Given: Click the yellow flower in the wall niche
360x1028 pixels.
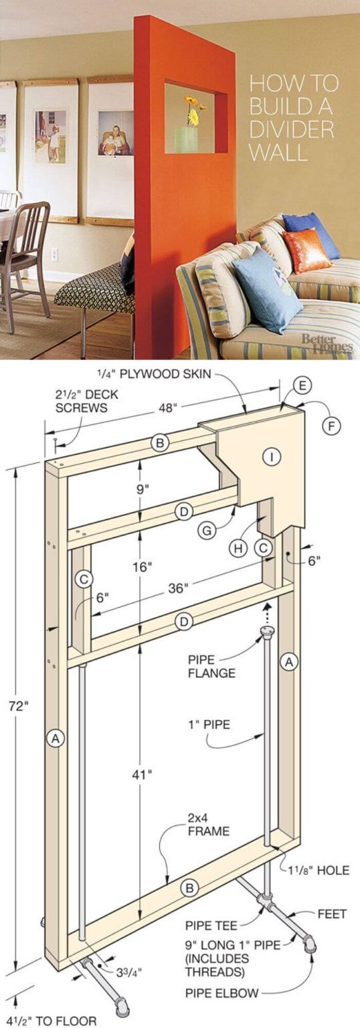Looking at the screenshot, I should pyautogui.click(x=192, y=111).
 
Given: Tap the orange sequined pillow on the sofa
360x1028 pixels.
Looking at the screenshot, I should pyautogui.click(x=306, y=250).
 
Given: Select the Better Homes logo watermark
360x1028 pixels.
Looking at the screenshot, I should pyautogui.click(x=326, y=344).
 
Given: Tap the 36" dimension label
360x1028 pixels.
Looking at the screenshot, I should pyautogui.click(x=177, y=588).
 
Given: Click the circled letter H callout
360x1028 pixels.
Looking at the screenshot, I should pyautogui.click(x=238, y=548).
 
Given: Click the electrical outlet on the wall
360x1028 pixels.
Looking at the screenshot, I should pyautogui.click(x=54, y=254).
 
